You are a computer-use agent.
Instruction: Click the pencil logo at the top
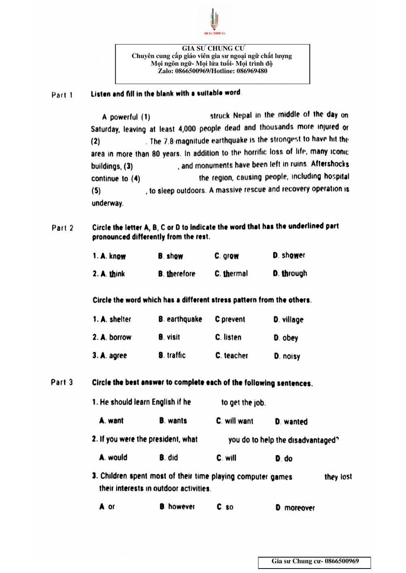[x=214, y=21]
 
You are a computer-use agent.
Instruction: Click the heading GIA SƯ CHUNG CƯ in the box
[x=213, y=49]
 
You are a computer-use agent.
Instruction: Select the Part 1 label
[x=62, y=95]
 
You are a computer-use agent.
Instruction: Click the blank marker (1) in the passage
[x=146, y=117]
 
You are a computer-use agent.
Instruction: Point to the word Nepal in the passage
[x=242, y=115]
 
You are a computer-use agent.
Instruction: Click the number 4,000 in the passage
[x=187, y=129]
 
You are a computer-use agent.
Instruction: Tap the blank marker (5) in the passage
[x=96, y=191]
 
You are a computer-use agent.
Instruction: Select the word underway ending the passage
[x=107, y=203]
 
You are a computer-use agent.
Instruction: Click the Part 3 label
[x=62, y=382]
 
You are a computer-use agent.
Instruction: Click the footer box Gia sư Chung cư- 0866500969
[x=315, y=562]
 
